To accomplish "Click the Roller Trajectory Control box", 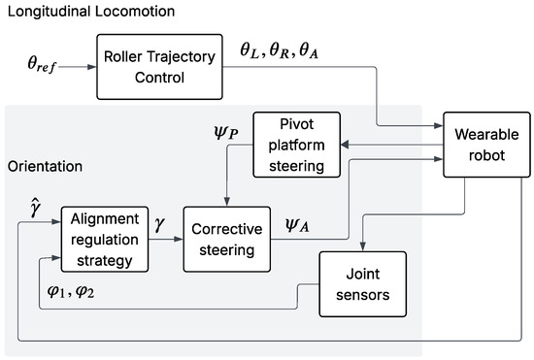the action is (159, 67).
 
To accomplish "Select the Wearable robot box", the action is (486, 145).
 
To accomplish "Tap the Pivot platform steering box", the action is (297, 145).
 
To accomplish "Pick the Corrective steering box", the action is (227, 240).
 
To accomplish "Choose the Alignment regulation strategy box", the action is (105, 240).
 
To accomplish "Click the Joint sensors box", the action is (363, 284).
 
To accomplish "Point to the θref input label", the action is (42, 64).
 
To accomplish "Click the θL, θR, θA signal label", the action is (280, 51).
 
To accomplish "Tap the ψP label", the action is (226, 132).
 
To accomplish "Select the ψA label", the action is (297, 225).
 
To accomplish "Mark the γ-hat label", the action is (35, 209).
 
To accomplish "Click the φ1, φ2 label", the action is (71, 291).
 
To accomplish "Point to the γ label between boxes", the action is (159, 224).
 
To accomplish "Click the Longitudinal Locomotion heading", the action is (91, 12).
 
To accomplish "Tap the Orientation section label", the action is (45, 166).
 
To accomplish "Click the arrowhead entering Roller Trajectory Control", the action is (92, 67).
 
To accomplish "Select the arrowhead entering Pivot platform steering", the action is (345, 145).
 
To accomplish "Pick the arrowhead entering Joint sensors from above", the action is (363, 246).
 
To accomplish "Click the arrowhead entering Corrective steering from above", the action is (227, 202).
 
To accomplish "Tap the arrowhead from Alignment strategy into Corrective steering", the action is (179, 240).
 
